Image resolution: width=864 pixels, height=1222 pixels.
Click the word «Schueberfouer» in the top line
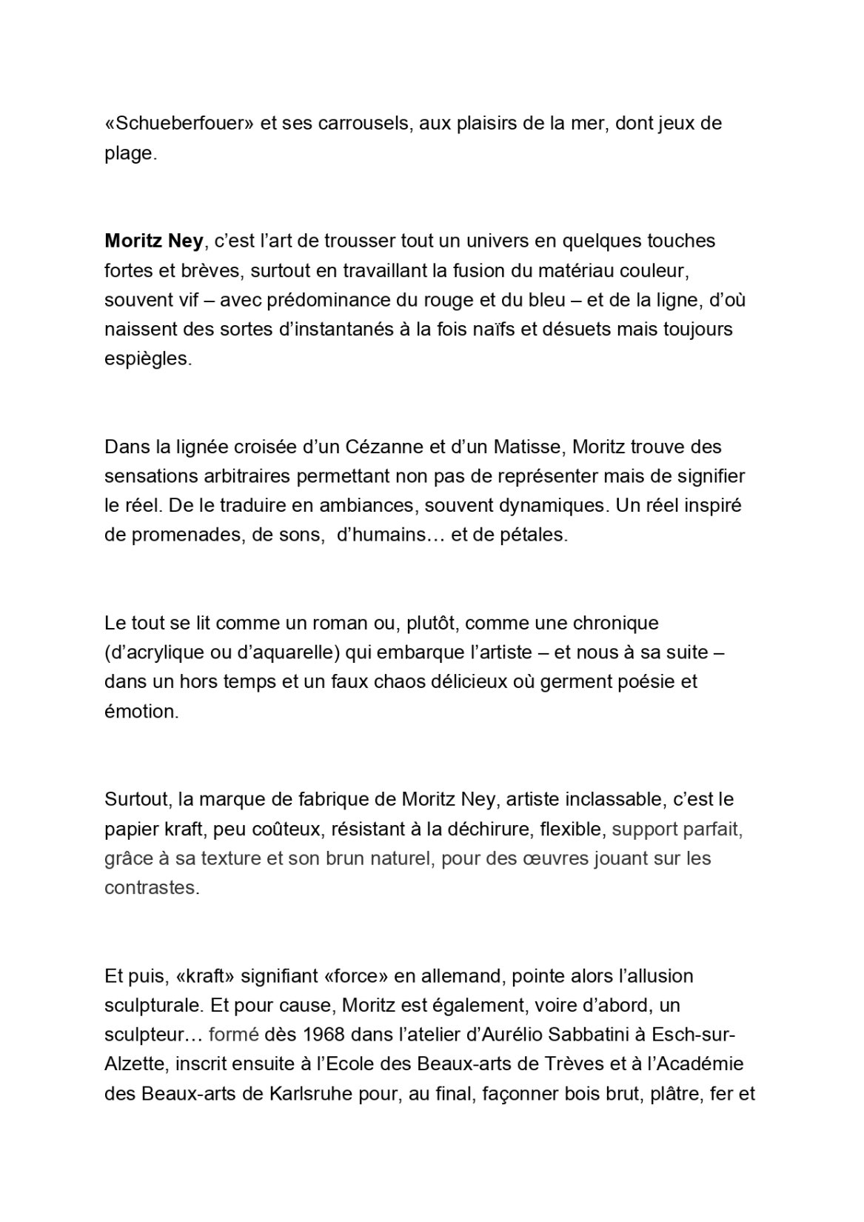point(179,123)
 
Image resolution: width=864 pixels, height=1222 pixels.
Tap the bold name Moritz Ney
point(153,241)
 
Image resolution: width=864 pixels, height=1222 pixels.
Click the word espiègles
point(147,358)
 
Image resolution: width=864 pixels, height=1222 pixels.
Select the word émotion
point(141,711)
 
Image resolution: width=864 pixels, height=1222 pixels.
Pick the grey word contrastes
point(151,887)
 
